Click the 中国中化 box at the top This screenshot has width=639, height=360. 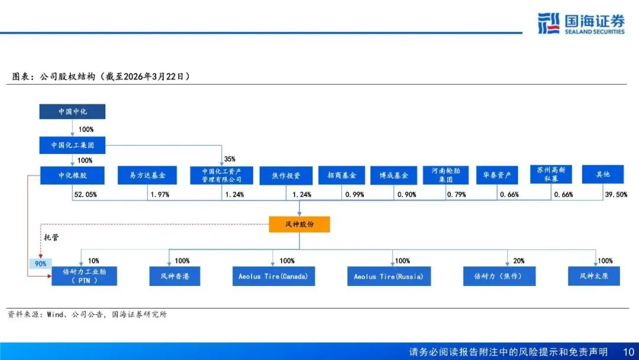[x=72, y=111]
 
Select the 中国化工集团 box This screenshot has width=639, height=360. [x=72, y=144]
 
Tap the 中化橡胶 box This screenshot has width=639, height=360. [x=72, y=175]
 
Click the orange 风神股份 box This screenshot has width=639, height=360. [x=299, y=224]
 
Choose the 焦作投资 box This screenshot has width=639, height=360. [x=286, y=175]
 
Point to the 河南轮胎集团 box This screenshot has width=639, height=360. [x=446, y=175]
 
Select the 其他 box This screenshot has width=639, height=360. [x=603, y=175]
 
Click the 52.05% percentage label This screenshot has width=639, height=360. [x=85, y=194]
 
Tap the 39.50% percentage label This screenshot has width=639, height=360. [x=615, y=194]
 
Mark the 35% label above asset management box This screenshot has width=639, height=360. [x=230, y=159]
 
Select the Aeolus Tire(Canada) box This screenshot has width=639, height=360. [x=273, y=277]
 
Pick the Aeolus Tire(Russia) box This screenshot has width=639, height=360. [x=388, y=277]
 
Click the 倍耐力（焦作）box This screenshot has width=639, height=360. [x=499, y=277]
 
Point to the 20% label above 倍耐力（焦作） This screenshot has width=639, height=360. [x=518, y=261]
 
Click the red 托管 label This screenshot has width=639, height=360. [x=51, y=237]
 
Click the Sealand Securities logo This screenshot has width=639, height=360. [x=580, y=23]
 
